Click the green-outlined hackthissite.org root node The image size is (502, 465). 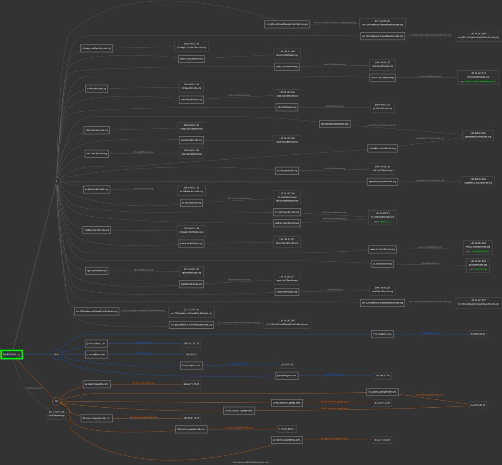pos(12,355)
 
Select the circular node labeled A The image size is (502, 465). pos(56,181)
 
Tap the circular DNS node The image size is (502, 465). pos(56,355)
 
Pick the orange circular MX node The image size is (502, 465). pos(56,401)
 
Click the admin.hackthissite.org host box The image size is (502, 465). pos(191,59)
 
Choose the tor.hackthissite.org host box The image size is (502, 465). pos(97,89)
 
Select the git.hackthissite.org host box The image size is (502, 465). pos(287,107)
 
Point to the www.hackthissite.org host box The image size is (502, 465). pos(191,140)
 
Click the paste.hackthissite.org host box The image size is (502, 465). pos(191,243)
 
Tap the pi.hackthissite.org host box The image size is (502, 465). pos(382,264)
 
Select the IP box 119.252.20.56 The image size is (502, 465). pos(478,335)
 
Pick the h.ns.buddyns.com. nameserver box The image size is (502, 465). pos(382,334)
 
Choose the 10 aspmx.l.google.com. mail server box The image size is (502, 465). pos(97,384)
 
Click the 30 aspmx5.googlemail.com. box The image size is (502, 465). pos(287,440)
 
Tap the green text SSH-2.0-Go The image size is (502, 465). pos(481,270)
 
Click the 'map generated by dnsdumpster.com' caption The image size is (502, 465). pos(251,462)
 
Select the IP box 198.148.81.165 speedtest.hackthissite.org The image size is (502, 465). pos(478,135)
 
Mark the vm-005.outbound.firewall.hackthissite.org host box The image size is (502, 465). pos(287,24)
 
